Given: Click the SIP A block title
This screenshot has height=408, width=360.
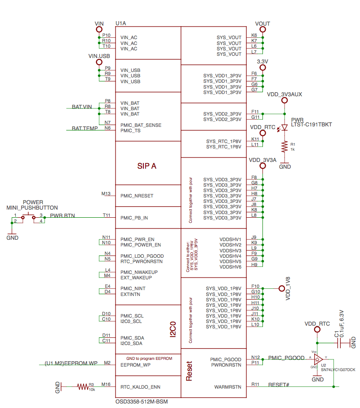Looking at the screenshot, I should point(147,166).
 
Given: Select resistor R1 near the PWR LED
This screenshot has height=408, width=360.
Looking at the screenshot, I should point(284,146).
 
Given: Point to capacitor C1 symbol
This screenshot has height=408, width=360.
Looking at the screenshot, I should point(341,344).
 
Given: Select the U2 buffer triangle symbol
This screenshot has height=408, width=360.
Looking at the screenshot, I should point(317,359).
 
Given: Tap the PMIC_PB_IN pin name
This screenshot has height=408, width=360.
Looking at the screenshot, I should point(134,218).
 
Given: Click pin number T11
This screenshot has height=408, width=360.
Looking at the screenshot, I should point(107,215).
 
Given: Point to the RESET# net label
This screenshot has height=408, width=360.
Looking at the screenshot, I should point(279,385).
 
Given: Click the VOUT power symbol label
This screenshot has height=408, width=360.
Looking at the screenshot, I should point(262,23).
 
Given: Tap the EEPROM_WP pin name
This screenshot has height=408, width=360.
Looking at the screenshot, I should point(136,365).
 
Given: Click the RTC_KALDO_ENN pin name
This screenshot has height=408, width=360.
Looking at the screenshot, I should point(140,387).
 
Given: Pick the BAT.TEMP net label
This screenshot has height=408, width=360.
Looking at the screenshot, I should point(85,128).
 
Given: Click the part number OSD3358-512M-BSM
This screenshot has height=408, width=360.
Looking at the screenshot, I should point(142,401).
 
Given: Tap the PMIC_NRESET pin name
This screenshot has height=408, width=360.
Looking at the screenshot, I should point(137,196).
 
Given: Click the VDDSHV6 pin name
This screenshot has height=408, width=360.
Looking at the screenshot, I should point(230,267).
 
